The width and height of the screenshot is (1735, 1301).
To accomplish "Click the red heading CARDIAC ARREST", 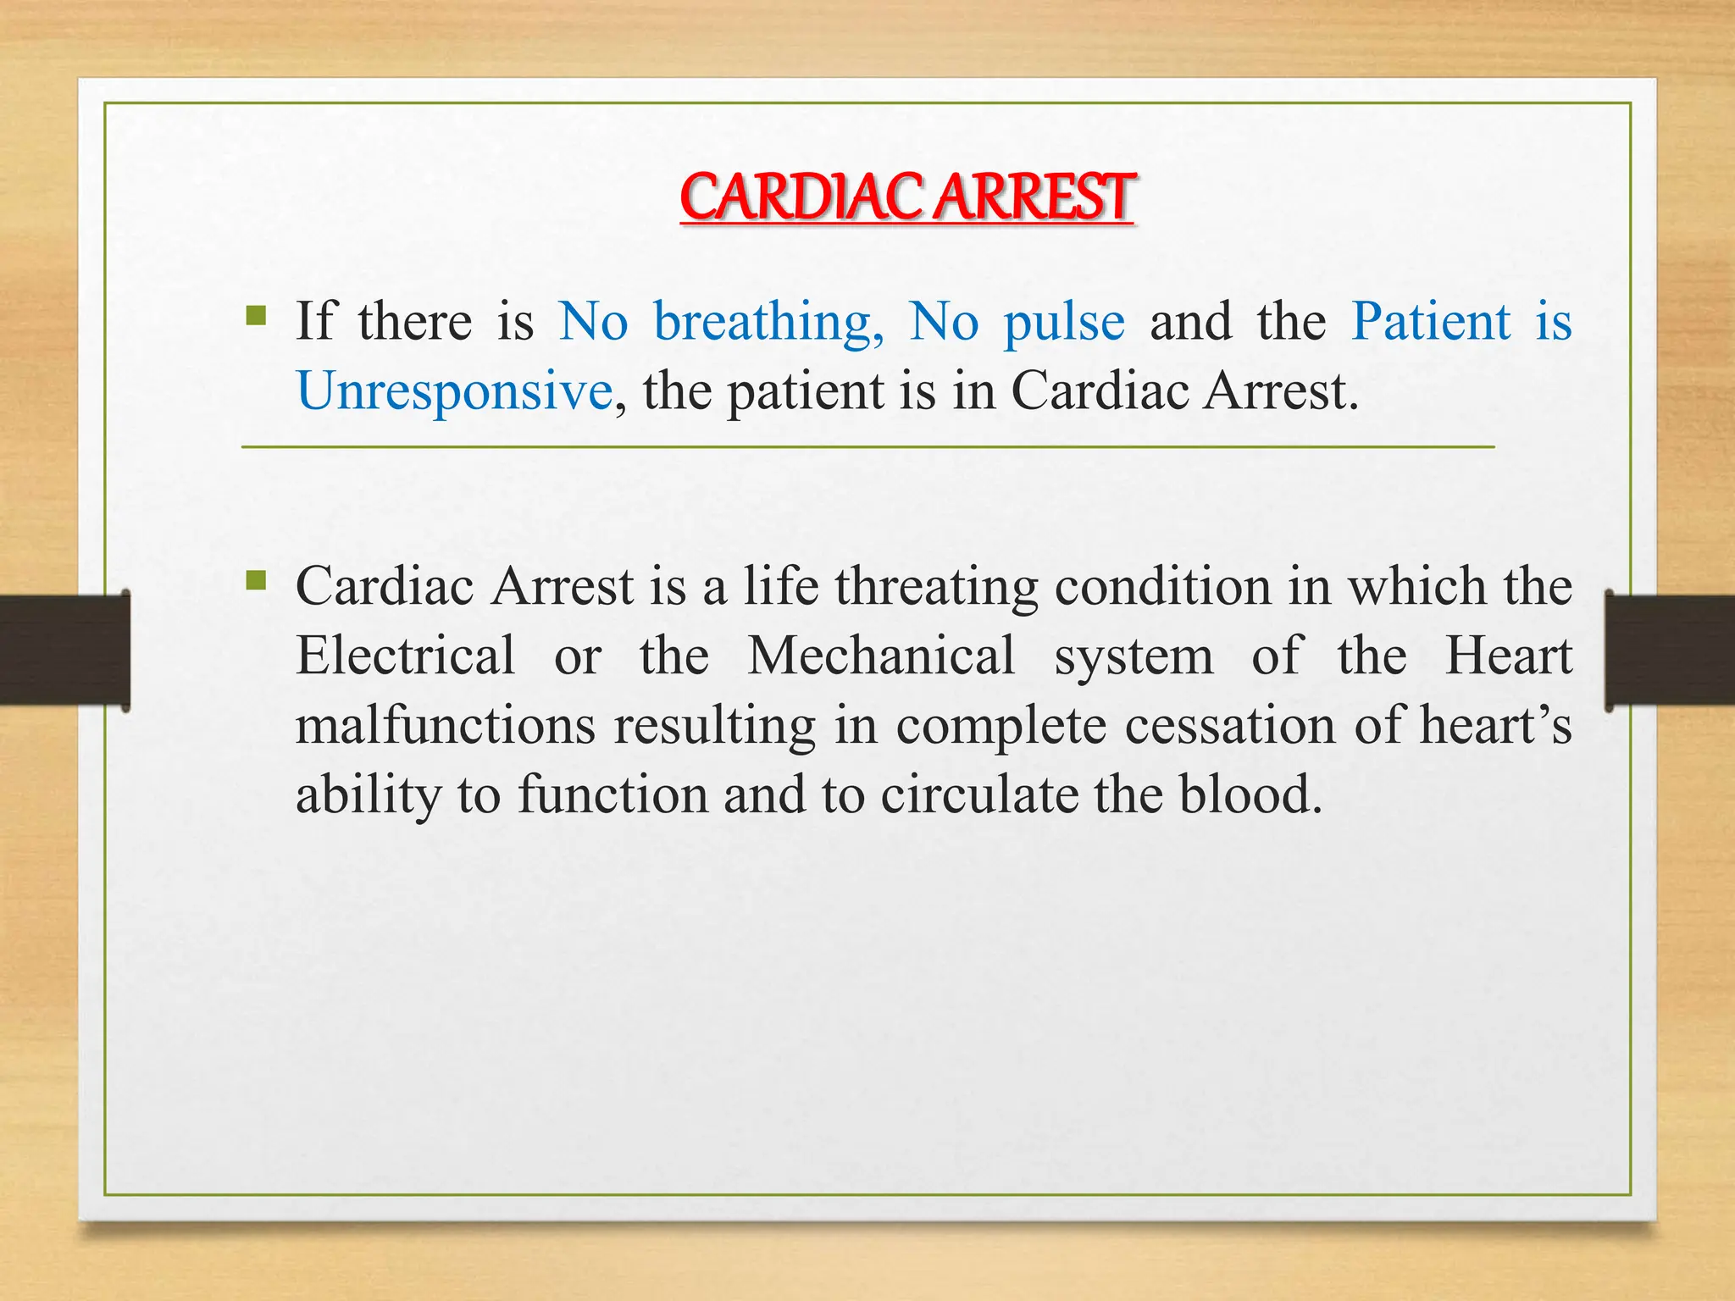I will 906,197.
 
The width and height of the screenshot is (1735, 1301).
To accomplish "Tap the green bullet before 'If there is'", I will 256,317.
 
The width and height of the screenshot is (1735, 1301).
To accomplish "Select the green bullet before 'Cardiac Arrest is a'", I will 256,581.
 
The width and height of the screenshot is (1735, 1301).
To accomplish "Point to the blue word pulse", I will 1064,323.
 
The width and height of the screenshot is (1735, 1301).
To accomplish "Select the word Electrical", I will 405,655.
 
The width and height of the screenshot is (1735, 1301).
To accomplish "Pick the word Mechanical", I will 881,655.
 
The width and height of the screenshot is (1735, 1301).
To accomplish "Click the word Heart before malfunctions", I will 1508,655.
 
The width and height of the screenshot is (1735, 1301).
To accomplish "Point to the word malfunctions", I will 445,725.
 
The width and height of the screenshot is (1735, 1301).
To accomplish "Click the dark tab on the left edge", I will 64,650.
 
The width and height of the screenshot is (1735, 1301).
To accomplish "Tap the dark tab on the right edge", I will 1669,650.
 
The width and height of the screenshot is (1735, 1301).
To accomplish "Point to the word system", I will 1134,656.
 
